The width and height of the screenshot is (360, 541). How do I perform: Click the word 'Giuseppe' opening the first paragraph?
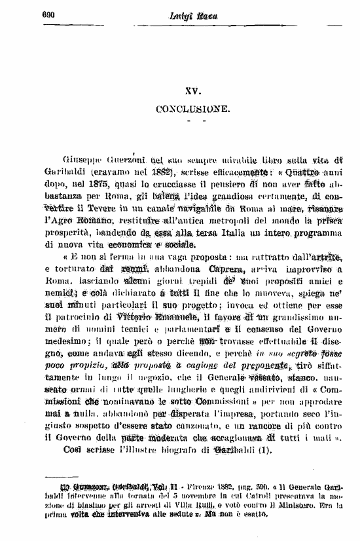pyautogui.click(x=81, y=159)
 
